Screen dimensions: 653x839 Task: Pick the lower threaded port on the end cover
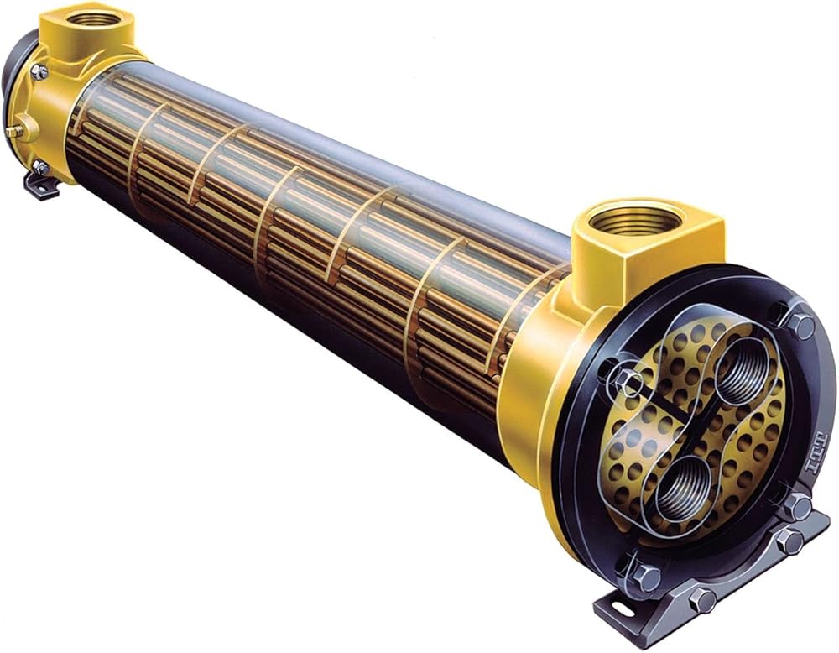[679, 491]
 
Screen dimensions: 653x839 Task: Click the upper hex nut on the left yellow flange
[39, 72]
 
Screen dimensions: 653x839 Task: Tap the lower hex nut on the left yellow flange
[39, 167]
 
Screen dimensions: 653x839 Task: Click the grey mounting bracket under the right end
[738, 579]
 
